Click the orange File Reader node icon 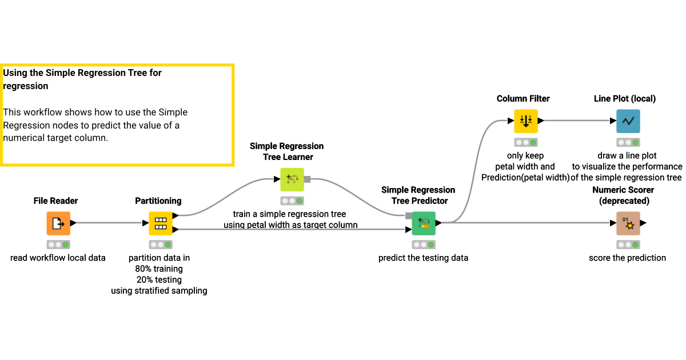click(x=58, y=223)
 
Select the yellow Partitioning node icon click(x=161, y=223)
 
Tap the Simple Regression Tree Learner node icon click(x=292, y=179)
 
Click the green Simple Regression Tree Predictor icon click(x=424, y=223)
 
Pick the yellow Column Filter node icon click(x=525, y=121)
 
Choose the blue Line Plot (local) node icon click(x=628, y=121)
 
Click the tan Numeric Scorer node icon click(x=628, y=223)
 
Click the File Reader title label click(x=55, y=201)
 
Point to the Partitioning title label click(x=158, y=201)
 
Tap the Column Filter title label click(x=523, y=98)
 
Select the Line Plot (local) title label click(x=625, y=98)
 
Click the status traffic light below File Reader click(x=58, y=245)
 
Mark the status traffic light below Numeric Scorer click(x=628, y=245)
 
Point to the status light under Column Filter click(x=525, y=142)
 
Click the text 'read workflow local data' click(x=58, y=258)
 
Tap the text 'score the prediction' click(x=627, y=258)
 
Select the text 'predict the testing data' click(x=423, y=258)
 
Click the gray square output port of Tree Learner click(x=307, y=179)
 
